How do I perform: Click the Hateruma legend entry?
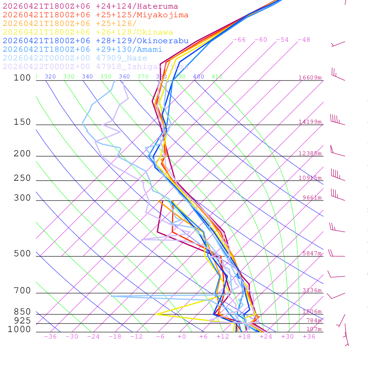90,6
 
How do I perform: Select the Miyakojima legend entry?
96,15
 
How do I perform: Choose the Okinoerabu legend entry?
96,41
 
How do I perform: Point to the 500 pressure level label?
23,254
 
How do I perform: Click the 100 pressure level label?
23,78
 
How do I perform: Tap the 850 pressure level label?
23,312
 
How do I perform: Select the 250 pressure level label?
23,178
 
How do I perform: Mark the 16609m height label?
310,78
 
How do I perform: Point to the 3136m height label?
312,290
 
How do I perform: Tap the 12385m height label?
310,153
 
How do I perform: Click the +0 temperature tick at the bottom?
182,337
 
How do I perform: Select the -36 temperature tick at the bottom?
50,337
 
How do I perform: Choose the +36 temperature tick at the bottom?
309,337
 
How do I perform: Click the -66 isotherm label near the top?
239,40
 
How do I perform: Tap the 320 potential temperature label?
50,77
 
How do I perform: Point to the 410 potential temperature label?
217,77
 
